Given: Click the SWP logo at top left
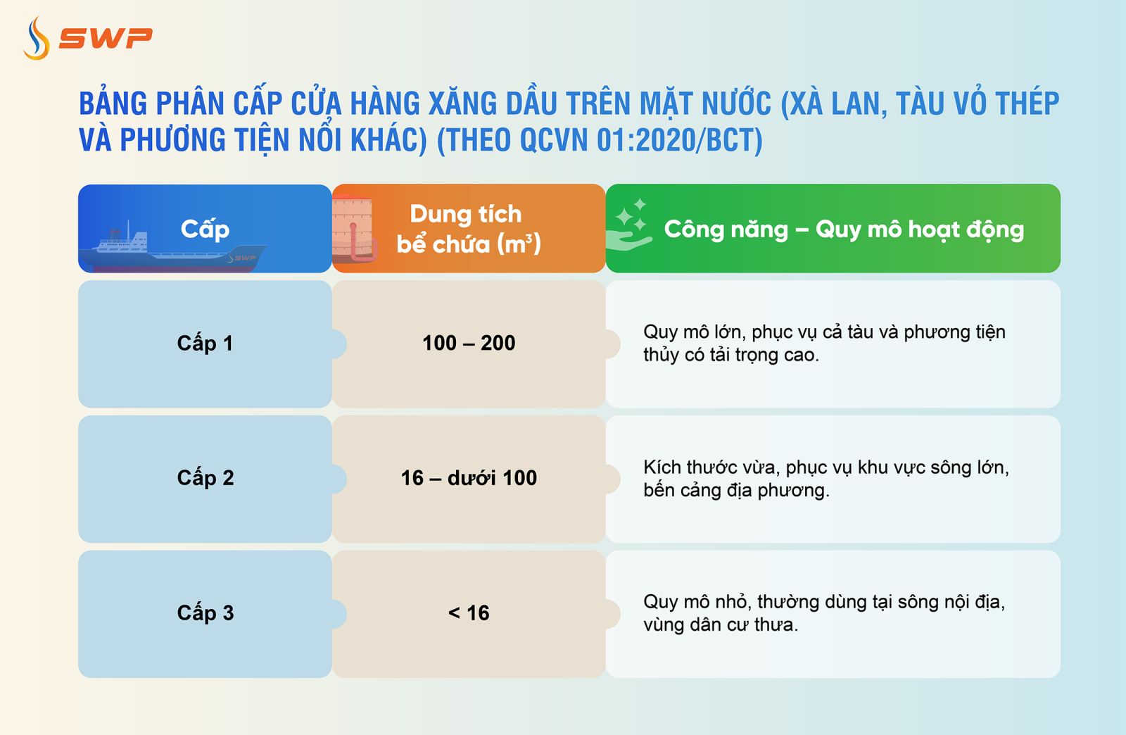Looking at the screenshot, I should click(87, 38).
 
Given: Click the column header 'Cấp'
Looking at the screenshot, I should click(205, 229).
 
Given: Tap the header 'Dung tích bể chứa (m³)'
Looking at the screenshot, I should click(468, 229).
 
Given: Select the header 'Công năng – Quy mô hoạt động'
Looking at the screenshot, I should click(843, 230).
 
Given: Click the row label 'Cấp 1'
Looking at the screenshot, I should click(205, 344).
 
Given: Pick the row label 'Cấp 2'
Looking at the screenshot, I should click(205, 478).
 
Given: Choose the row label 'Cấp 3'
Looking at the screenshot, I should click(205, 613).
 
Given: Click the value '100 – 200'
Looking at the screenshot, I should click(469, 344).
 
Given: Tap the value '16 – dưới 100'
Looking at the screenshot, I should click(469, 478).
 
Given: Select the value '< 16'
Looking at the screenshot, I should click(469, 613).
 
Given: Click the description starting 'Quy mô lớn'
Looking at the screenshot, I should click(823, 344).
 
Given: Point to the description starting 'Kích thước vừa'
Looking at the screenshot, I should click(825, 479).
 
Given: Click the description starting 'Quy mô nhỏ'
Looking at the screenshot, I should click(823, 613).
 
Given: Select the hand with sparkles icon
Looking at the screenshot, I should click(630, 225).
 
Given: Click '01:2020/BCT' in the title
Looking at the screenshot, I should click(679, 140).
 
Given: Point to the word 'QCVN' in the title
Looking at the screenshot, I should click(555, 140).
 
